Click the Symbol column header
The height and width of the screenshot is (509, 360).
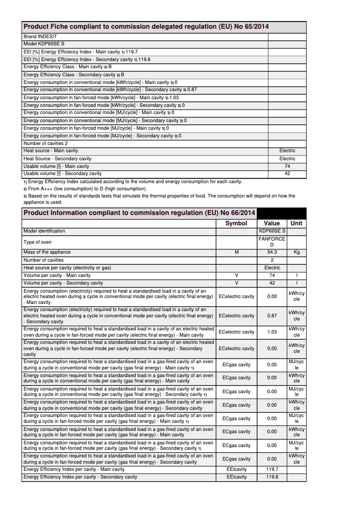coord(236,223)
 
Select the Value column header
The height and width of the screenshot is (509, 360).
coord(272,223)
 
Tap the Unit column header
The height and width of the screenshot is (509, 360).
coord(296,223)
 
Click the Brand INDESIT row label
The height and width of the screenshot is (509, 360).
coord(40,36)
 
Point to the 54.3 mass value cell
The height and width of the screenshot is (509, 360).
coord(272,252)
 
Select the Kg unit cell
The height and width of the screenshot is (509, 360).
coord(296,252)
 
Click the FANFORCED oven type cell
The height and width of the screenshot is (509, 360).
coord(272,242)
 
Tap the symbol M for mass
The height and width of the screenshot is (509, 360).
coord(237,252)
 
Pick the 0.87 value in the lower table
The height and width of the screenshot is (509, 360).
coord(272,316)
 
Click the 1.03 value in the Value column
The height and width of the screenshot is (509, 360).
coord(272,332)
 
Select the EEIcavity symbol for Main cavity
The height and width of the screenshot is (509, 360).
coord(237,469)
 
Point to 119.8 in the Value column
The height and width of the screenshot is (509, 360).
coord(272,477)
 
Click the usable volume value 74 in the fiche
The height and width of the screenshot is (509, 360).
coord(287,166)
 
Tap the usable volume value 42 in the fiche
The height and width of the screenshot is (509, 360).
coord(287,174)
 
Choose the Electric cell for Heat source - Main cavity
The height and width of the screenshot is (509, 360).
coord(287,151)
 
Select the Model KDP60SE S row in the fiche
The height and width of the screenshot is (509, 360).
coord(44,44)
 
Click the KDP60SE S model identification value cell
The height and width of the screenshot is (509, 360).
coord(272,231)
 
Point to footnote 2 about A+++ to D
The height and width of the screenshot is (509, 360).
coord(85,189)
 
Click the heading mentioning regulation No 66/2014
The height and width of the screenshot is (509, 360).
coord(139,213)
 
